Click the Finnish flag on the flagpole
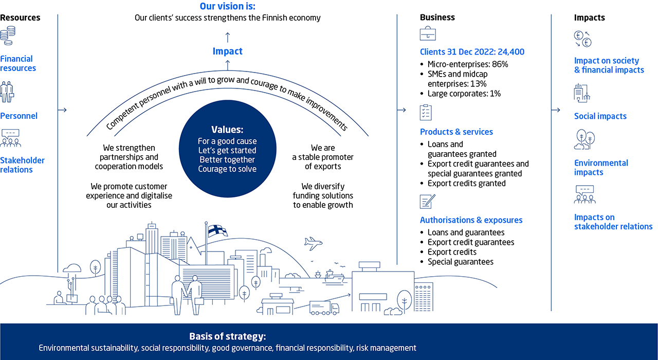[217, 231]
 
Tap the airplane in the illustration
[313, 243]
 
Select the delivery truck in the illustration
[324, 308]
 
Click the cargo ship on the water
[334, 277]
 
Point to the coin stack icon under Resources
[8, 35]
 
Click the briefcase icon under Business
[428, 33]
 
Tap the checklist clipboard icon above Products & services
[426, 112]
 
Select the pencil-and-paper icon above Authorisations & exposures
[427, 202]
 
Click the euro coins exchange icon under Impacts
[582, 39]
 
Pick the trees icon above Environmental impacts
[584, 139]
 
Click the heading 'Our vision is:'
[228, 6]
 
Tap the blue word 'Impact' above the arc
[228, 51]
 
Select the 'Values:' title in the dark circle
[227, 130]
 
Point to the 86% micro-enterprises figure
[500, 64]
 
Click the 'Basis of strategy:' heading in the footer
[228, 336]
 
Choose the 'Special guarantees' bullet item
[461, 262]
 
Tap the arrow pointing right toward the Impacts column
[556, 110]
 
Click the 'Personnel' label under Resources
[19, 116]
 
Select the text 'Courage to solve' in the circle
[227, 169]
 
